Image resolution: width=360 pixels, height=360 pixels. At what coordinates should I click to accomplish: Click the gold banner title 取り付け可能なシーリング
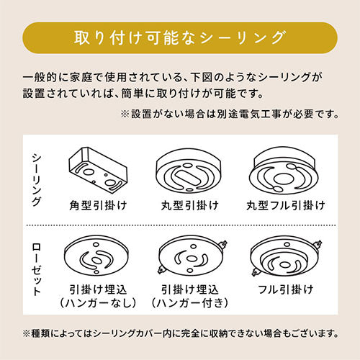coord(180,37)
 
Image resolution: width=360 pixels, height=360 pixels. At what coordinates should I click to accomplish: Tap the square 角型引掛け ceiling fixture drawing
coord(98,170)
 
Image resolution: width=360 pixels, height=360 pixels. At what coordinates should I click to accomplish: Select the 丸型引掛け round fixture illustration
coord(189,171)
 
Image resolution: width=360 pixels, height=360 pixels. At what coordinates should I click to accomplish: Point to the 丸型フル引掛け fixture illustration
coord(284,171)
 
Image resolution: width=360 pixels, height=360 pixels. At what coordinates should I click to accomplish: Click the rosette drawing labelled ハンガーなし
coord(96,255)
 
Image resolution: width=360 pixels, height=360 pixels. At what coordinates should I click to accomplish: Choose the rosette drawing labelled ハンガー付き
coord(192,255)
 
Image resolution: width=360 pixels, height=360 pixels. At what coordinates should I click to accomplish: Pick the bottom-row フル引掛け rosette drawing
coord(287,256)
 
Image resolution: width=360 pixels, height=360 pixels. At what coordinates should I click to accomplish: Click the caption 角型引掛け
coord(98,205)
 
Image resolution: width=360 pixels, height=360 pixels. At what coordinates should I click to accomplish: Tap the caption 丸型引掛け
coord(190,205)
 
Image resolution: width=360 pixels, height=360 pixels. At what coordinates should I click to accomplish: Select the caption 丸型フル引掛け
coord(286,205)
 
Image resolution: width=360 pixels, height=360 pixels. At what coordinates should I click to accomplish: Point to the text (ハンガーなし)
coord(98,303)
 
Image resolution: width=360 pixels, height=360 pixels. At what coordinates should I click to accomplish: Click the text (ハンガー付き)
coord(190,303)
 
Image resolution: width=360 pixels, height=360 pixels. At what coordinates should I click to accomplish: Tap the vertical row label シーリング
coord(37,180)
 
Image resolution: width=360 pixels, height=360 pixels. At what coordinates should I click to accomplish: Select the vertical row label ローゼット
coord(37,269)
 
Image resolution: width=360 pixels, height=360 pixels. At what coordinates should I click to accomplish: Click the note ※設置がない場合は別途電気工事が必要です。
coord(230,114)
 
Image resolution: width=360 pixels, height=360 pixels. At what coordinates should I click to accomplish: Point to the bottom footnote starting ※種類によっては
coord(181,333)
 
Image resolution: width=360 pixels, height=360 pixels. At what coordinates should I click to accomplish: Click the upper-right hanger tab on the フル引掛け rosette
coord(318,244)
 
